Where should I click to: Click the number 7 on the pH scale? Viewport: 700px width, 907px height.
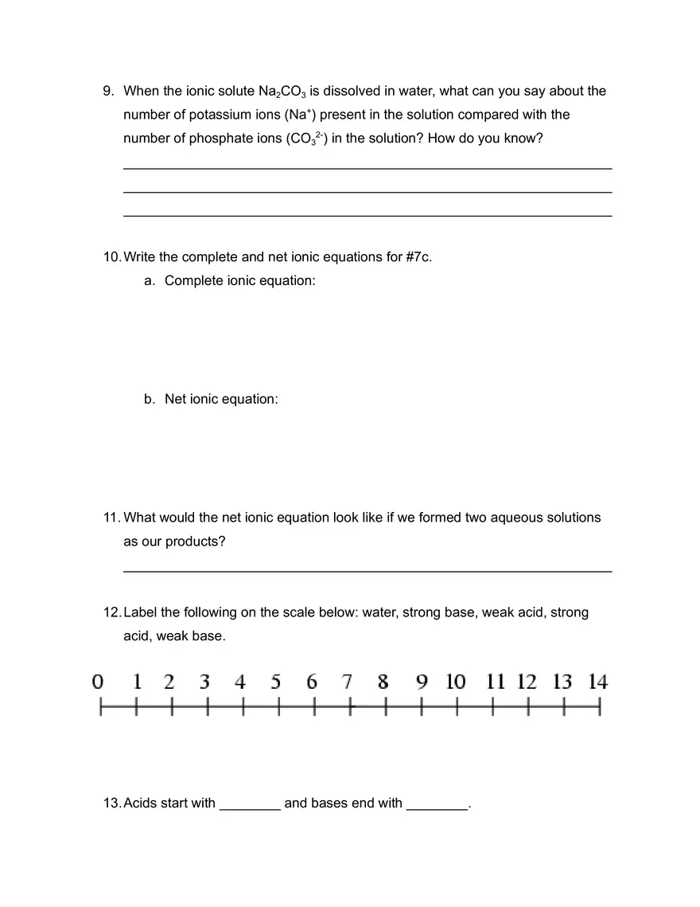348,682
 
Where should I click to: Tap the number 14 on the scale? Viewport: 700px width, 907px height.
597,682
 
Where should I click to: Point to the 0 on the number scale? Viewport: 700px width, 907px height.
98,682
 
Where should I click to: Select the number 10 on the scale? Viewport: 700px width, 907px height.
455,682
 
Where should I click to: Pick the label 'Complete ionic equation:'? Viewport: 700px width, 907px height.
239,281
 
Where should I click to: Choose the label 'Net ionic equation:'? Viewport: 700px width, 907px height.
221,399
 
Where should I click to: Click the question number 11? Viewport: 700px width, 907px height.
111,518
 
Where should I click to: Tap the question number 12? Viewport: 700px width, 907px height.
111,612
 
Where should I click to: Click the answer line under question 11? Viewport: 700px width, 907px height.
367,570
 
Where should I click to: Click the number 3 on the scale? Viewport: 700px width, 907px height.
204,682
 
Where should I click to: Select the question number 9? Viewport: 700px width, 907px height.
109,92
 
